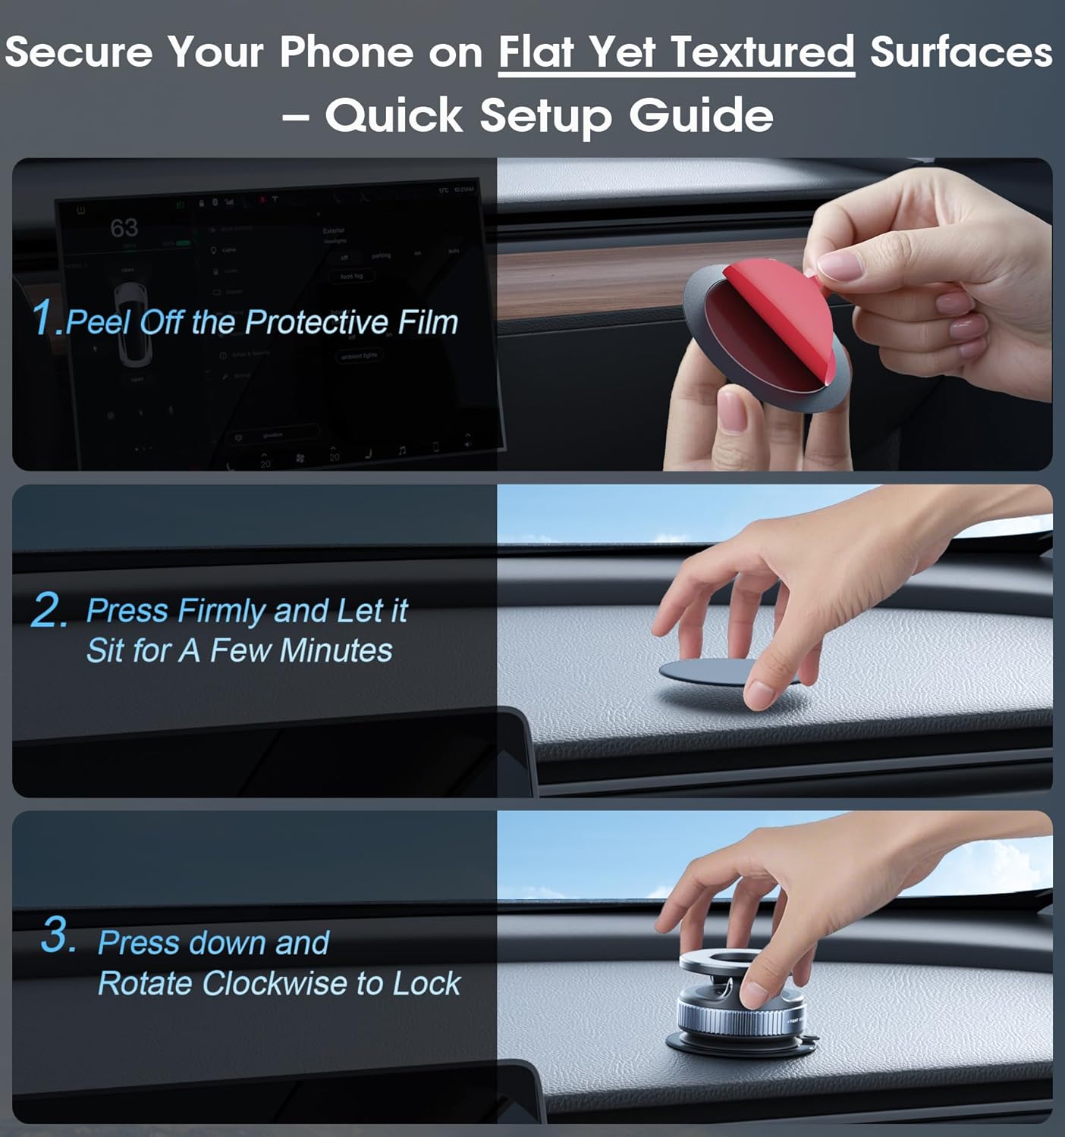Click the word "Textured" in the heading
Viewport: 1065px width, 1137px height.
(x=762, y=53)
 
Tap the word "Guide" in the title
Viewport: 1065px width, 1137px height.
(x=701, y=116)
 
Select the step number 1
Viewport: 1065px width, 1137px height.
(x=44, y=317)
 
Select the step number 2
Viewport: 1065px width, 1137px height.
(x=49, y=611)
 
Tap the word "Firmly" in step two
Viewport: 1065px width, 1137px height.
(x=221, y=611)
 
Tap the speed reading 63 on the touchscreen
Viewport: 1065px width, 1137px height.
(x=124, y=228)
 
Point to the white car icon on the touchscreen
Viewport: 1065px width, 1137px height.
(x=130, y=318)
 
